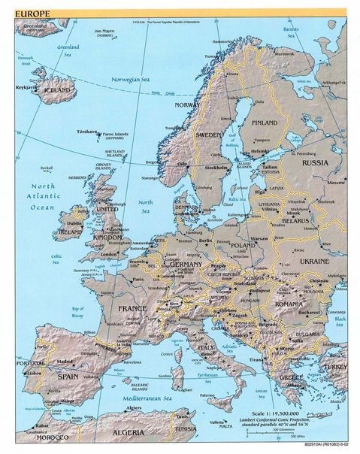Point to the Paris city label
(138, 280)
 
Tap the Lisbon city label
(33, 373)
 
